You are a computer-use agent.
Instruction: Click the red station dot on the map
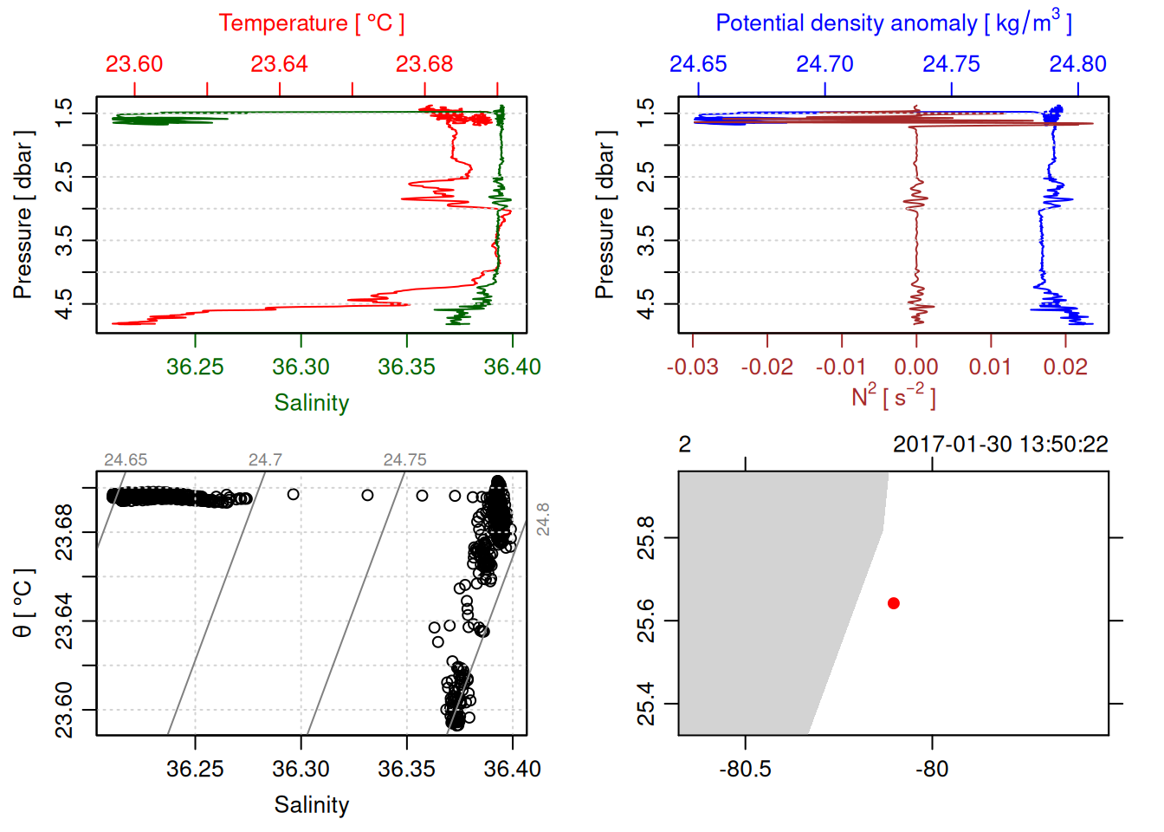point(893,603)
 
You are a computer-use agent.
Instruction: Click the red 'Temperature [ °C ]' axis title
point(311,23)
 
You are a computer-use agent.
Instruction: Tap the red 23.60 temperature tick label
point(134,64)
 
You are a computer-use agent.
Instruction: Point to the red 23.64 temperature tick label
point(279,64)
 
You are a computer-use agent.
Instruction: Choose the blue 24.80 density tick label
point(1077,64)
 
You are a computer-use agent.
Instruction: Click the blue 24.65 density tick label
point(698,64)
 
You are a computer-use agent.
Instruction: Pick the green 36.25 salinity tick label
point(195,367)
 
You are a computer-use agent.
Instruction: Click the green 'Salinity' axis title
point(311,403)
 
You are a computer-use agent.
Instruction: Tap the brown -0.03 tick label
point(692,367)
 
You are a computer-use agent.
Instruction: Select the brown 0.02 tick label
point(1064,367)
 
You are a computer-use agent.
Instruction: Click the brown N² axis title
point(893,396)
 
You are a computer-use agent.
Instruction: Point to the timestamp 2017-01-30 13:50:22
point(1000,445)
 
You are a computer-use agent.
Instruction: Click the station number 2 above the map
point(685,445)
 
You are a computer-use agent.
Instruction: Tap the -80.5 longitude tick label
point(745,769)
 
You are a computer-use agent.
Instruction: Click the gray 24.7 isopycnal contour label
point(265,460)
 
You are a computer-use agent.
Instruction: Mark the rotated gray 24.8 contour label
point(543,518)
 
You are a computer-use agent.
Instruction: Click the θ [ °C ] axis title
point(23,603)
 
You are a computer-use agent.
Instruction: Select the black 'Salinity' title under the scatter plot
point(311,805)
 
